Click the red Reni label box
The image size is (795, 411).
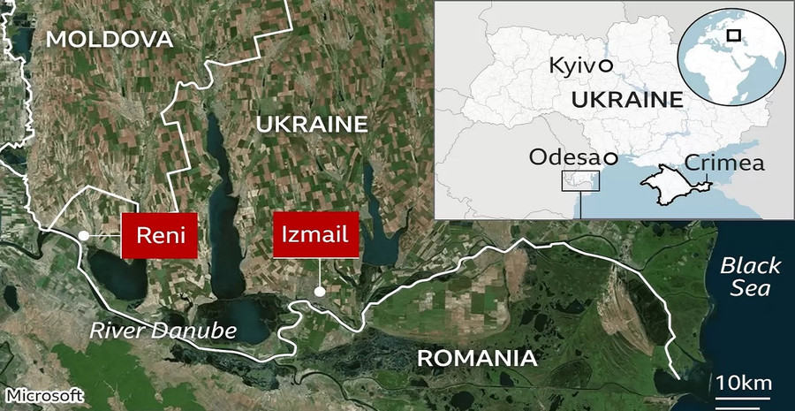(x=158, y=235)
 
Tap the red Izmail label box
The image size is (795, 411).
(x=315, y=235)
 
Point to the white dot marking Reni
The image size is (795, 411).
(x=82, y=235)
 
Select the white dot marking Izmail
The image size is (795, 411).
(x=320, y=291)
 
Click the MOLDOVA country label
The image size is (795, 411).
(x=109, y=38)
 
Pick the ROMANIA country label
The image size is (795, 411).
(x=476, y=358)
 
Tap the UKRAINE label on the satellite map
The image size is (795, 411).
(x=310, y=125)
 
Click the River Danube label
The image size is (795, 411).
(x=163, y=331)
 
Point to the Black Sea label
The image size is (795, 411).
(x=749, y=277)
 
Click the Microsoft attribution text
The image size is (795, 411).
(x=43, y=394)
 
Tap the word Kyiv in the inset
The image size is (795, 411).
(x=571, y=65)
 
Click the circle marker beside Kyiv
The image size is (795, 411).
(x=605, y=65)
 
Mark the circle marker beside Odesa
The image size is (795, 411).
(x=609, y=158)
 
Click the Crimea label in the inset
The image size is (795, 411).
(x=724, y=164)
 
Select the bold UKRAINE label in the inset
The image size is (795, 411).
(x=627, y=100)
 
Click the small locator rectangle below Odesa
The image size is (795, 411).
(x=580, y=181)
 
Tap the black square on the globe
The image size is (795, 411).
(x=733, y=35)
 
